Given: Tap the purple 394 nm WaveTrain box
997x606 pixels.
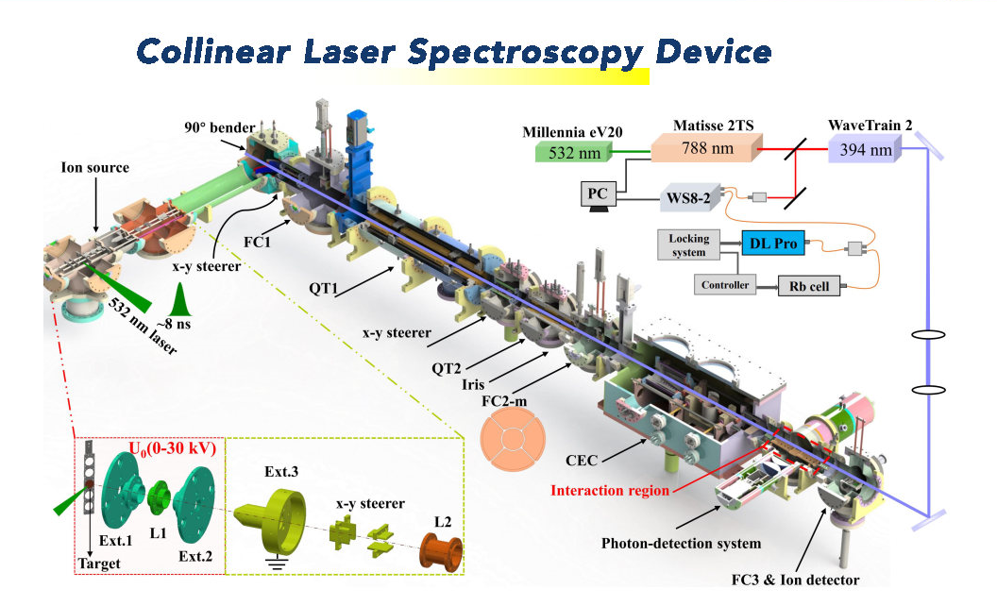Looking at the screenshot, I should (864, 148).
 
